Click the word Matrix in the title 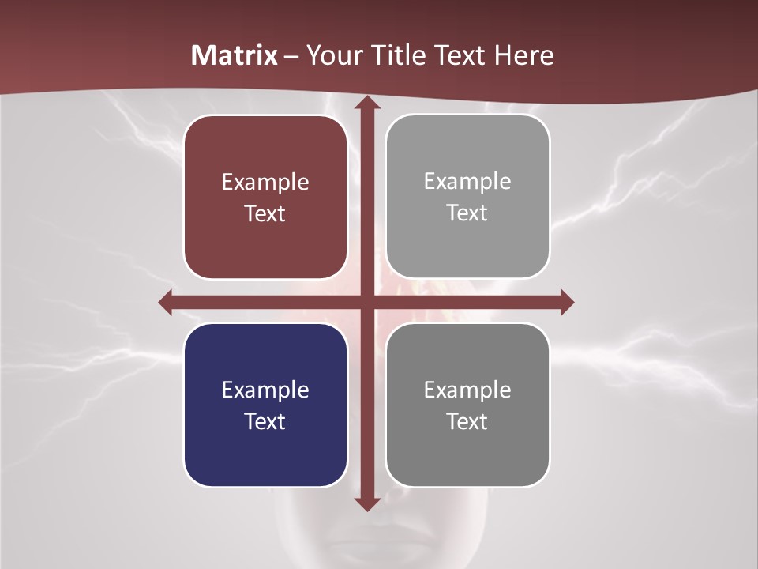click(235, 55)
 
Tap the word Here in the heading click(523, 55)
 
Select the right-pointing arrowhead click(566, 302)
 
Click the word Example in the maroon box click(265, 183)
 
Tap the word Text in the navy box click(265, 421)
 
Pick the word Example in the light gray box click(467, 182)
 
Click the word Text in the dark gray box click(467, 421)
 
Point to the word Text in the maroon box click(265, 213)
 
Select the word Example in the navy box click(265, 390)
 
